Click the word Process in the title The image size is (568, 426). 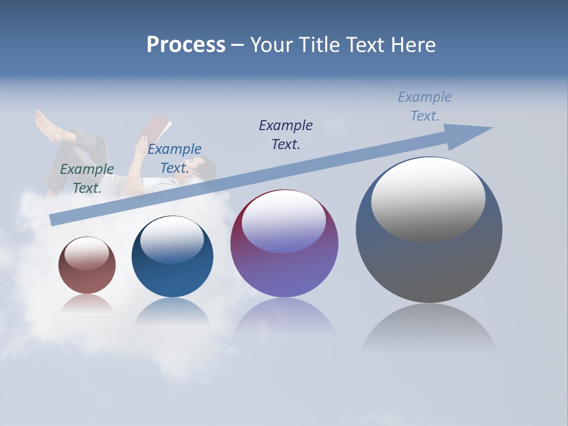[186, 45]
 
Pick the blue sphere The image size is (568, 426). [172, 260]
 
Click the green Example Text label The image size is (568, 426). [87, 178]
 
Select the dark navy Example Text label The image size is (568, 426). [286, 134]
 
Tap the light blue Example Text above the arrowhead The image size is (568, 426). [425, 106]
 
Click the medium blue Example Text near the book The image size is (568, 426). [175, 159]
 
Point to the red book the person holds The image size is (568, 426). [157, 127]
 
